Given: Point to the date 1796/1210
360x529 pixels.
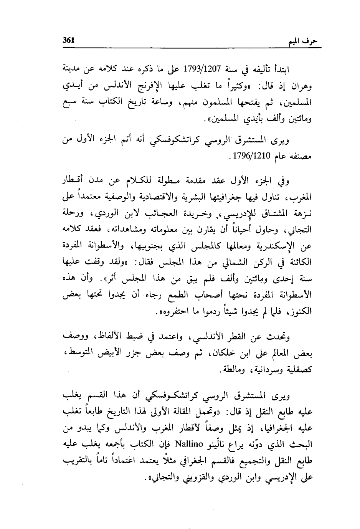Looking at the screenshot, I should tap(253, 156).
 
